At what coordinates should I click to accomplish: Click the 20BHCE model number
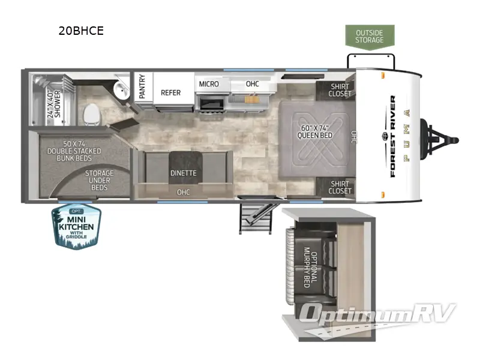81,31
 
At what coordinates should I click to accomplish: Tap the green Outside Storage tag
370,36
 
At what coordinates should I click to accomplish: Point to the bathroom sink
121,91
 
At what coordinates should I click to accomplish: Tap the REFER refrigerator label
170,93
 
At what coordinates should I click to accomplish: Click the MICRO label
208,84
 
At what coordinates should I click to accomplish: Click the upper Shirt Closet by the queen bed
340,91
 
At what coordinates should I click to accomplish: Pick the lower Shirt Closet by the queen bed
340,187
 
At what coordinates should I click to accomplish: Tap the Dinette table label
182,173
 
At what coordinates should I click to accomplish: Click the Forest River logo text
393,137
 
